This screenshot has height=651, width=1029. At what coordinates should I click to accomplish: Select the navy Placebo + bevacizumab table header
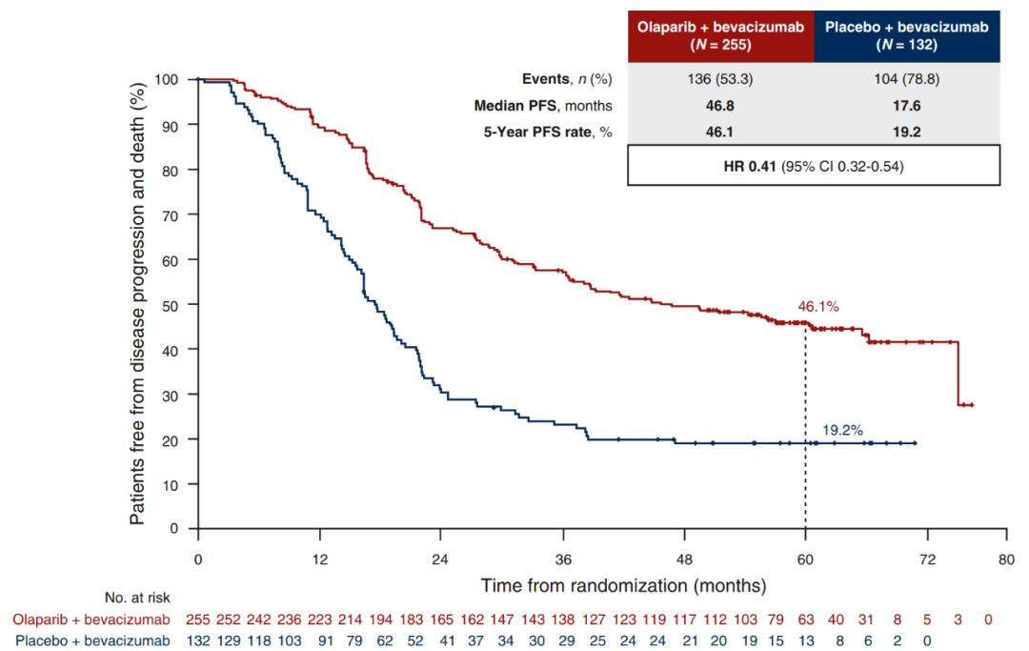point(906,36)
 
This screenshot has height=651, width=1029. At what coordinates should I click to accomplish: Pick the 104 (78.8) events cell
point(906,79)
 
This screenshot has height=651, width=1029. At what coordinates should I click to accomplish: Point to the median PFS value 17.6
point(906,106)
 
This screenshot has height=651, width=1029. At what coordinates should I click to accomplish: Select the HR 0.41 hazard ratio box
point(813,166)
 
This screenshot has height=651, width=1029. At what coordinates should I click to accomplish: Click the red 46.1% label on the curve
point(818,307)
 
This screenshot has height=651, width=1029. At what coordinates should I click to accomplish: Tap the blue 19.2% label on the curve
point(842,430)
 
